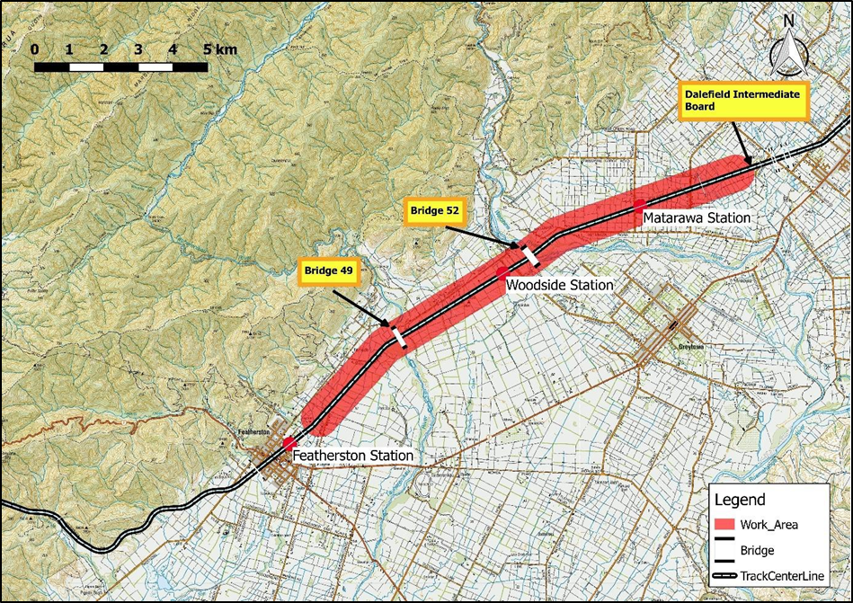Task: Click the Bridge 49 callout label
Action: pyautogui.click(x=329, y=271)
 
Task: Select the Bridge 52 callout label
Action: pyautogui.click(x=435, y=211)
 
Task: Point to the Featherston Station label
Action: pyautogui.click(x=353, y=457)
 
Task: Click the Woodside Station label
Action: pyautogui.click(x=559, y=285)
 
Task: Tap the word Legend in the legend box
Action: pyautogui.click(x=739, y=501)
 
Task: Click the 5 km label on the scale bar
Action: pyautogui.click(x=220, y=49)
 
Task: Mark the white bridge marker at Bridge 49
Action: pyautogui.click(x=397, y=336)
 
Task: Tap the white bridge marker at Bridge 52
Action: pyautogui.click(x=530, y=254)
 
